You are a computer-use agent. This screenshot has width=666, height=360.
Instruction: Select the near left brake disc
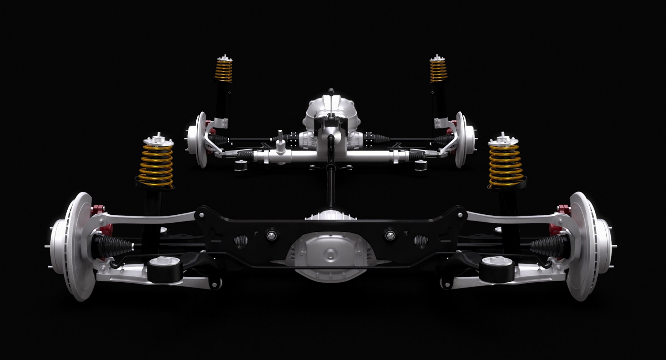tap(75, 246)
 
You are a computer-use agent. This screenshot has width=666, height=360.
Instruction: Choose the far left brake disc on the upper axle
tap(200, 139)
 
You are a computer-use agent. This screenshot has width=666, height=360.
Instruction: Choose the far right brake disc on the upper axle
tap(461, 139)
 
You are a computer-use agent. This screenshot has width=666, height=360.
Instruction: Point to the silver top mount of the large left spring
tap(158, 140)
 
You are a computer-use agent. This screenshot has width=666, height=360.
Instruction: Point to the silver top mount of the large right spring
tap(504, 140)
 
